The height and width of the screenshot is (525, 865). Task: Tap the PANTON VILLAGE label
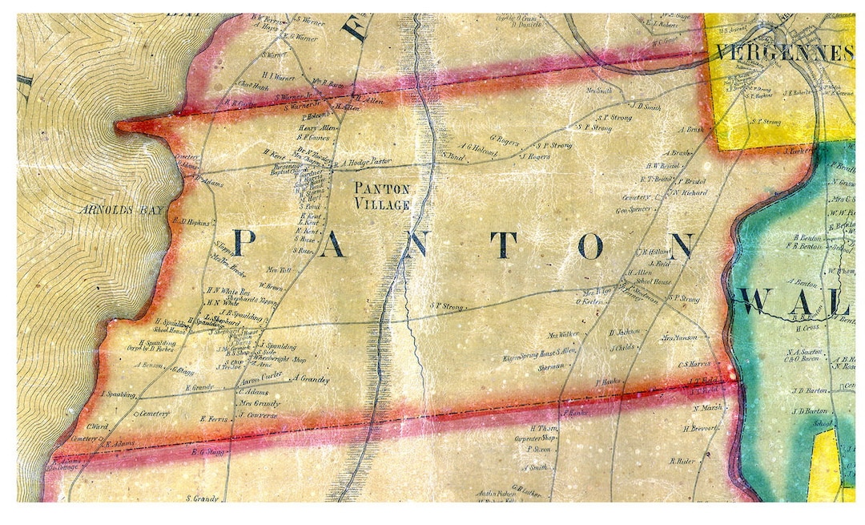[383, 196]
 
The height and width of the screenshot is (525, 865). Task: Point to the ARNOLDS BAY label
[121, 210]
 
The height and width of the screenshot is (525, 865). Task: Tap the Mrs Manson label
[679, 338]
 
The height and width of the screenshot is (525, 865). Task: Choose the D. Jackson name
[624, 331]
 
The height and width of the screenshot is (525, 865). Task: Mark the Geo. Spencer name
[633, 209]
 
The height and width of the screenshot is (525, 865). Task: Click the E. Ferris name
[213, 418]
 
